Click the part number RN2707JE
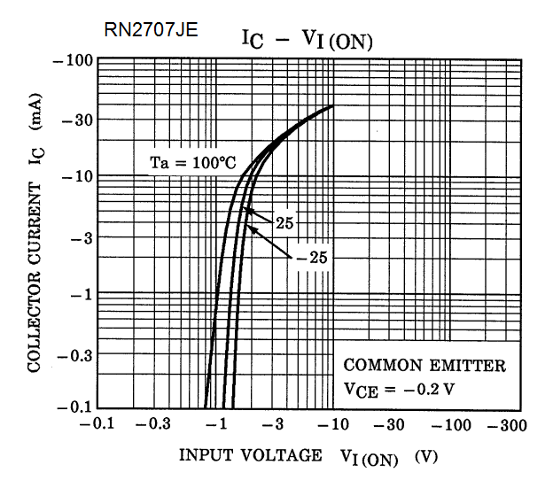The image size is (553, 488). click(151, 31)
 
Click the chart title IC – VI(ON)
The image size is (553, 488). click(308, 39)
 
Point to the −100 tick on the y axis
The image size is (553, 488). click(74, 61)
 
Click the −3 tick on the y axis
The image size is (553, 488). click(82, 236)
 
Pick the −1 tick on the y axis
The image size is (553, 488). click(82, 294)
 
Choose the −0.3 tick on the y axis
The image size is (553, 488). click(74, 353)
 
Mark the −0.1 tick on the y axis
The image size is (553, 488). click(74, 408)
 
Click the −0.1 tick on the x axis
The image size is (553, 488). click(97, 424)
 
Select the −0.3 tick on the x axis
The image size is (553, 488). click(155, 424)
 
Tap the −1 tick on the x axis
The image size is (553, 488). click(215, 424)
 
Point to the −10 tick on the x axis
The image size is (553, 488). click(332, 424)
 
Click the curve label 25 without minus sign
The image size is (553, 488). click(284, 223)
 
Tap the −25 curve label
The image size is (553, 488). click(310, 258)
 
